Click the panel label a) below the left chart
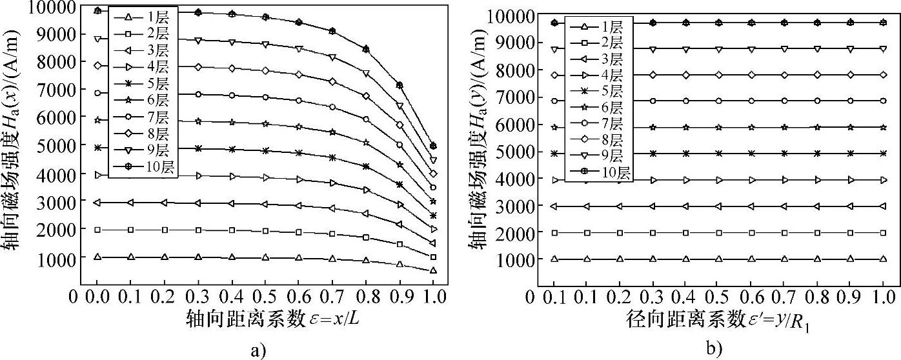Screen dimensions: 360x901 click(x=257, y=351)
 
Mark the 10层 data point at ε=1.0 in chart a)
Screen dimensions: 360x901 click(x=433, y=146)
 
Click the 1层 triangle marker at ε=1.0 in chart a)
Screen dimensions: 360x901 click(x=433, y=270)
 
